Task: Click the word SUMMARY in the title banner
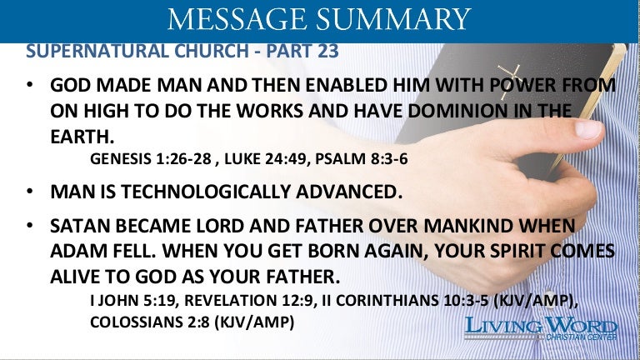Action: [x=392, y=18]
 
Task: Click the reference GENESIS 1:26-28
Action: [x=151, y=159]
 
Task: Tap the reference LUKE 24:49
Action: [x=263, y=159]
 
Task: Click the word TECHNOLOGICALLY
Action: [x=206, y=192]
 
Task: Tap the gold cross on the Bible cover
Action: [x=508, y=81]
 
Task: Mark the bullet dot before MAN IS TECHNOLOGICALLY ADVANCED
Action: [x=29, y=191]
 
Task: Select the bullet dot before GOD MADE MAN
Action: [x=29, y=84]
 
